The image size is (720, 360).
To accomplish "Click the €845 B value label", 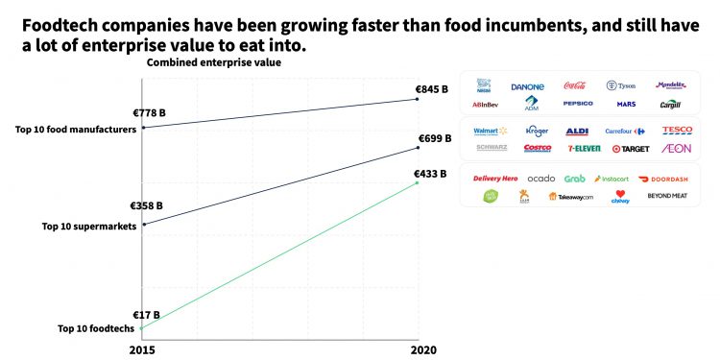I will click(x=431, y=89).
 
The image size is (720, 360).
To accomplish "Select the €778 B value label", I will click(x=149, y=112).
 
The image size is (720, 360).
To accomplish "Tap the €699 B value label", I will click(x=434, y=139).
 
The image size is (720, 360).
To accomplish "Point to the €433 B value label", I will click(x=431, y=174).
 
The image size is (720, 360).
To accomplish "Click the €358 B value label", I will click(x=147, y=205).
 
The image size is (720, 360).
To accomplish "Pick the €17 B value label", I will click(x=146, y=314).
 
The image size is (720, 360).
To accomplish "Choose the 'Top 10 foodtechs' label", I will click(x=97, y=329).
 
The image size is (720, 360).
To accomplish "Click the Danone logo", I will click(x=527, y=86).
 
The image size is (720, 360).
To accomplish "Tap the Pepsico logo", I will click(x=578, y=104).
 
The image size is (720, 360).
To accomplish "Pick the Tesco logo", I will click(x=677, y=131).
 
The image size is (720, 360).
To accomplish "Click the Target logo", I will click(x=631, y=149).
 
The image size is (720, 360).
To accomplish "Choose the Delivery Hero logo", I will click(x=495, y=179).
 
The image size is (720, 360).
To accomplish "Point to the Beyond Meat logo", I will click(x=667, y=196).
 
